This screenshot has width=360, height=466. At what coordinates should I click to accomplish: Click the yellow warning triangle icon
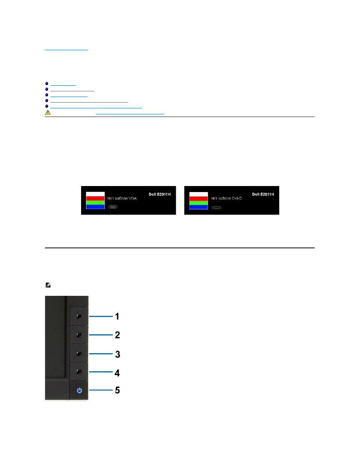point(48,112)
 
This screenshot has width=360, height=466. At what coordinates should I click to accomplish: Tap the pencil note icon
point(48,285)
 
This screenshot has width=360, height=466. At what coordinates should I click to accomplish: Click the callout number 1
point(117,316)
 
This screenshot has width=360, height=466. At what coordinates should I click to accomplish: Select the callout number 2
point(117,335)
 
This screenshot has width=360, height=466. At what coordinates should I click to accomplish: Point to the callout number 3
point(117,354)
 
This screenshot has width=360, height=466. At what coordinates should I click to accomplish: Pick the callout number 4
point(117,373)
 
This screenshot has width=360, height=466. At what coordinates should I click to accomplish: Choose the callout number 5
point(117,390)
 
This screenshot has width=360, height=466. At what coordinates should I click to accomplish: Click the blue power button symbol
point(79,390)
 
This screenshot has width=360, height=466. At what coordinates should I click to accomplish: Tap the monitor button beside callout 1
point(79,317)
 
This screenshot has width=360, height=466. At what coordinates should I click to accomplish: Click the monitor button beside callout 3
point(79,354)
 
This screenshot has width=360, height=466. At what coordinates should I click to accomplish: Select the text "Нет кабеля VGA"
point(122,198)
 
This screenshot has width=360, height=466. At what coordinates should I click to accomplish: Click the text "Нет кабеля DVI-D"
point(226,198)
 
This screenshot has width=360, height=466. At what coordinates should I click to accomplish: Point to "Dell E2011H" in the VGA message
point(160,194)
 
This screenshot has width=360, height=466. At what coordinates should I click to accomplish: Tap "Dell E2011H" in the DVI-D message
point(263,194)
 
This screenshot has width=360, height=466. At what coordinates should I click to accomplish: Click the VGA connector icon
point(112,207)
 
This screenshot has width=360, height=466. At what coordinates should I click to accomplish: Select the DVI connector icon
point(216,208)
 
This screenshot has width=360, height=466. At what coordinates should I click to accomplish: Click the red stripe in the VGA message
point(95,198)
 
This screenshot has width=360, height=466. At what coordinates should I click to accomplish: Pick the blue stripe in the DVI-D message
point(198,207)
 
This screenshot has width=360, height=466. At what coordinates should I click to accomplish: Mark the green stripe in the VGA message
point(95,203)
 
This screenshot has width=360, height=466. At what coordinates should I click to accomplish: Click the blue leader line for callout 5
point(101,390)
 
